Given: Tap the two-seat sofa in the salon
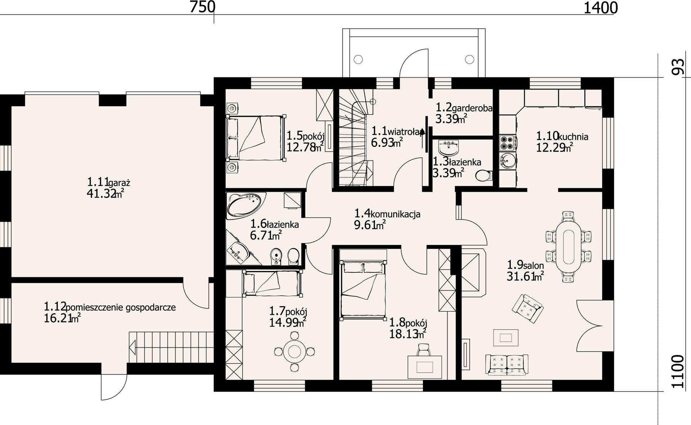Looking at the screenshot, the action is point(507,365).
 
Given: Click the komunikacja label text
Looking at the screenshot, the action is point(395,214).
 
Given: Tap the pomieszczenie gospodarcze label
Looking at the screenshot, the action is point(121,307).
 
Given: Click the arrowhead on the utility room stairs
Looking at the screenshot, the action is point(131,348).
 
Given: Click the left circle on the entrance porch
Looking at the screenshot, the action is point(359,59).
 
